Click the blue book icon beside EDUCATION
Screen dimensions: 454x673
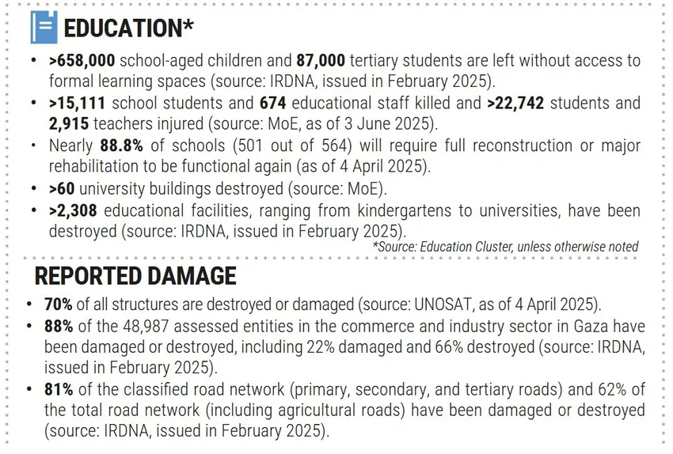pos(44,28)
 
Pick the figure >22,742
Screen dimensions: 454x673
pos(518,104)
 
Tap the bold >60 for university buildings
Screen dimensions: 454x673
pos(62,189)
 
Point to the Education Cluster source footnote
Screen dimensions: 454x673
pos(504,247)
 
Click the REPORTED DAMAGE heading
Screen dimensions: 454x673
pos(135,275)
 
